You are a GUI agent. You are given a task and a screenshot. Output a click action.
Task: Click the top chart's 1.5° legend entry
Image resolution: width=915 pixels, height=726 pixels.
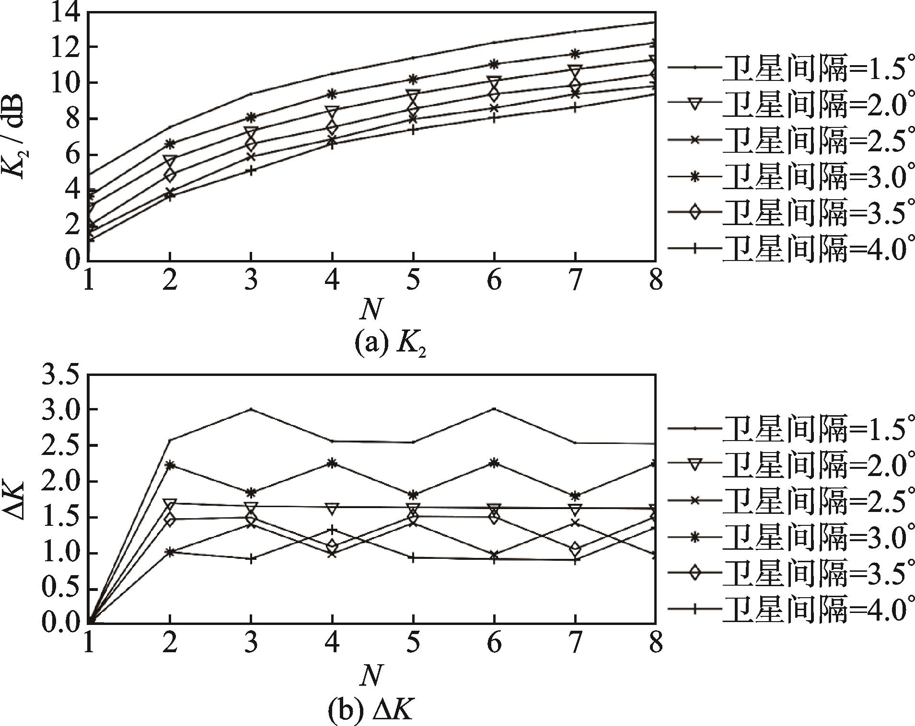pos(786,67)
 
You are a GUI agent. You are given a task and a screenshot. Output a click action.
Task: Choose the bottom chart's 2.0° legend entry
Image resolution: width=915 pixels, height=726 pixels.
pos(786,463)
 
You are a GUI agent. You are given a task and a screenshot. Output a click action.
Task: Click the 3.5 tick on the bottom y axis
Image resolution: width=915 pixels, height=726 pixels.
pos(60,374)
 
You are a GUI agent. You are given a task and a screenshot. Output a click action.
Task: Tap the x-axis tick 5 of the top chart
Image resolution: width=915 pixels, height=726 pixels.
pos(413,280)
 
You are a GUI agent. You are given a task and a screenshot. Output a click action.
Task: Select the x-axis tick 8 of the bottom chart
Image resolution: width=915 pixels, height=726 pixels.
pos(655,642)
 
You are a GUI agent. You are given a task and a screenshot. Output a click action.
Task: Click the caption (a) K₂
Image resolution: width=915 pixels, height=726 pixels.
pos(390,343)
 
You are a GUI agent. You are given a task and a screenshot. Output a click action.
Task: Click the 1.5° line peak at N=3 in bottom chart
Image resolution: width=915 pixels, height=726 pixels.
pos(251,409)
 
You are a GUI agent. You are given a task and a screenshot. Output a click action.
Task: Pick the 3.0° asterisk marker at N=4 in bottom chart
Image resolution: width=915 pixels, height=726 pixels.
pos(332,463)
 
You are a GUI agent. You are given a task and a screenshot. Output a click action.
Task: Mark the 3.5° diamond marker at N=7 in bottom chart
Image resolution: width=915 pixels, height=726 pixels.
pos(574,549)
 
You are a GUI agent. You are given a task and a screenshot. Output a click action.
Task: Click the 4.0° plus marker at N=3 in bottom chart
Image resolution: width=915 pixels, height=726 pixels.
pos(251,558)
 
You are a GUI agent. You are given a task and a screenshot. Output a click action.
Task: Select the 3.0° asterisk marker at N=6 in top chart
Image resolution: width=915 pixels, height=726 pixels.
pos(493,64)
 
